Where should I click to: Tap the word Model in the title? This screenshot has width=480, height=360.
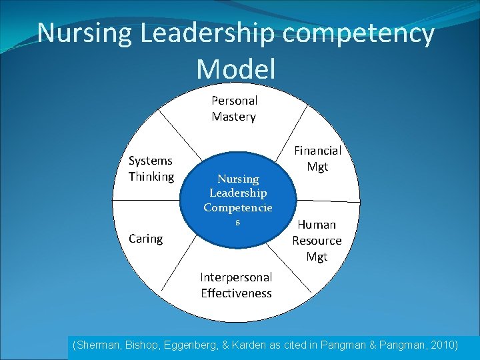tap(236, 69)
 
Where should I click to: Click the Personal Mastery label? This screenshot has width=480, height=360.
tap(234, 109)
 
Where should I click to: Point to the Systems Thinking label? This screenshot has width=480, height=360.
tap(151, 169)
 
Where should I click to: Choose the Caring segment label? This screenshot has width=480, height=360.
tap(145, 238)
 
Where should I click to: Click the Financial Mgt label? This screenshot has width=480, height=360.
tap(317, 159)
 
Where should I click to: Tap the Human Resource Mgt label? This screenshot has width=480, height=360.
tap(317, 240)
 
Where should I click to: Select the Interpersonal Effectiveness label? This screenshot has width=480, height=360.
tap(236, 285)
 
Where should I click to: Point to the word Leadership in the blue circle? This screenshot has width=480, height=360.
tap(238, 193)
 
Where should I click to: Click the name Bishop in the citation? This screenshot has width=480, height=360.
tap(140, 345)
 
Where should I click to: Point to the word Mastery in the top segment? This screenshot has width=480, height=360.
tap(233, 117)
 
